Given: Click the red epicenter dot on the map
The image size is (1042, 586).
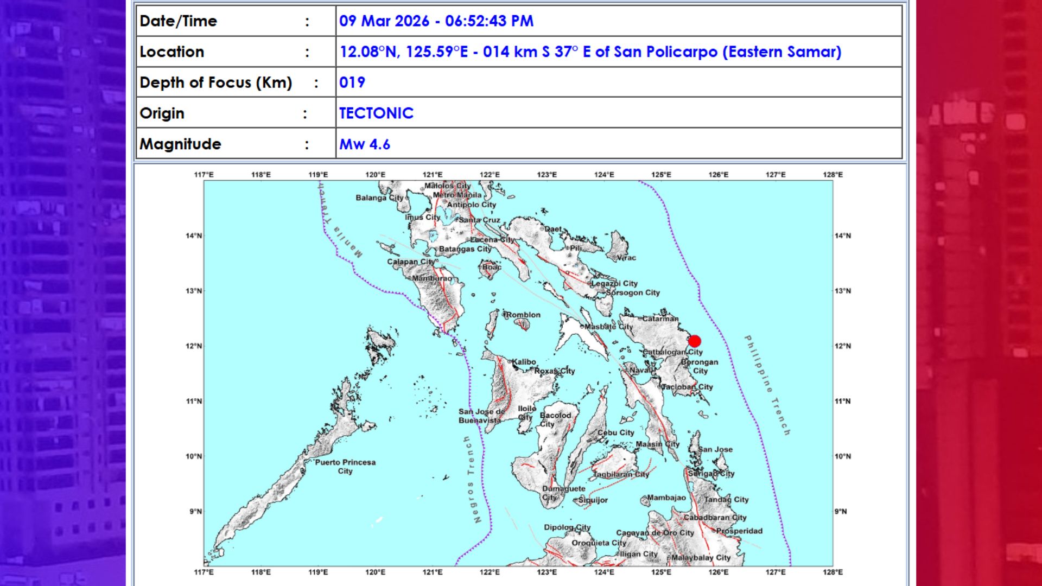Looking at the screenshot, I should (695, 341).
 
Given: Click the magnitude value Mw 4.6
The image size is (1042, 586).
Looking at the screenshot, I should (365, 144).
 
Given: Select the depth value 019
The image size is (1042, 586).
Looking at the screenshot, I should (352, 82).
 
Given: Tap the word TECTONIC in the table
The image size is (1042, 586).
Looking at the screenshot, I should (376, 113).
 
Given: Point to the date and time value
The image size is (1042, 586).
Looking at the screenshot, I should (436, 21).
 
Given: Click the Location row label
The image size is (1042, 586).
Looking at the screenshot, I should (172, 52).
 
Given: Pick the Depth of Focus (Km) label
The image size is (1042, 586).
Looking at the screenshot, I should (216, 82).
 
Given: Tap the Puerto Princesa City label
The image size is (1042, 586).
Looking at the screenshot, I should (345, 467).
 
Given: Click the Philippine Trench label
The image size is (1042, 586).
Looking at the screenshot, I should (767, 385).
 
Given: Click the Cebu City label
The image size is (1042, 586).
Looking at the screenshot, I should (615, 432).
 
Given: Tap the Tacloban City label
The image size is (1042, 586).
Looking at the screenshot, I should (688, 387).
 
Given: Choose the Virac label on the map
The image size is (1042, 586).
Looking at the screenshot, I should (626, 258).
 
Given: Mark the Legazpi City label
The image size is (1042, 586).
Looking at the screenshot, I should (614, 283).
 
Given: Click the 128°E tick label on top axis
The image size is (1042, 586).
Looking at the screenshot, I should (833, 175).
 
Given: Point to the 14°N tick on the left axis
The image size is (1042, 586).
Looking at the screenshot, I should (194, 236).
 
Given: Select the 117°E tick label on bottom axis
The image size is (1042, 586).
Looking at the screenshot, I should (204, 572).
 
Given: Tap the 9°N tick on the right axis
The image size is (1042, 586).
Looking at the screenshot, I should (841, 511).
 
